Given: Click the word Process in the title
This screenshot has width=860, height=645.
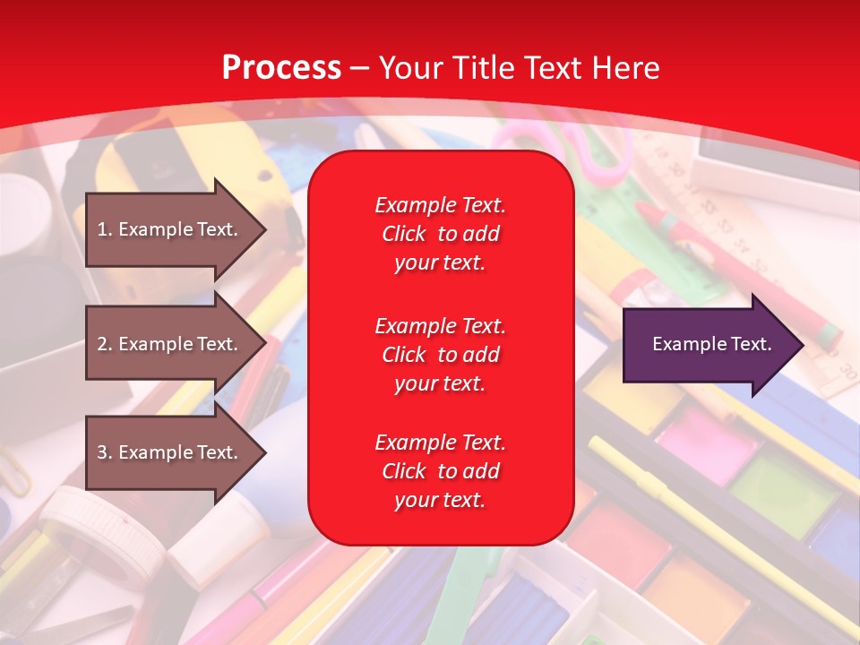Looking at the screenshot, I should click(281, 68).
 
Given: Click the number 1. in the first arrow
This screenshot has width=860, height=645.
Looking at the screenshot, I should click(105, 229).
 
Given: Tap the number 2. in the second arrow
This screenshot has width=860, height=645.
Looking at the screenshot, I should click(105, 344).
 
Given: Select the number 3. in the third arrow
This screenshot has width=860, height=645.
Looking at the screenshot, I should click(105, 452).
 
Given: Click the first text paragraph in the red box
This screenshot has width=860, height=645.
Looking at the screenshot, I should click(440, 234).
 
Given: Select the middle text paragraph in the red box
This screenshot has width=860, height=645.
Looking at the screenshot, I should click(440, 354).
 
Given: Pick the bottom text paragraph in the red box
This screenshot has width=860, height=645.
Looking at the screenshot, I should click(440, 471).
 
